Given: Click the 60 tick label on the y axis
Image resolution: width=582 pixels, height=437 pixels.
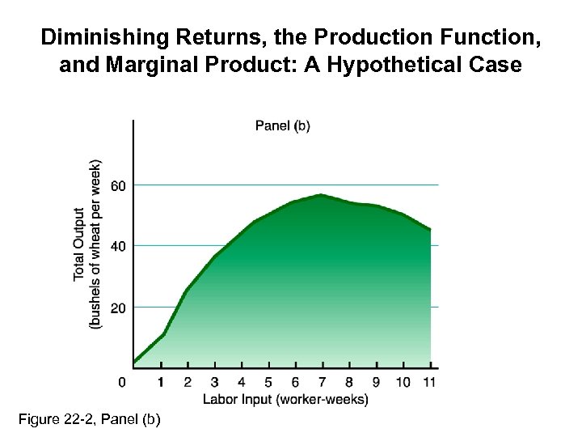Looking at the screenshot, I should point(118,185).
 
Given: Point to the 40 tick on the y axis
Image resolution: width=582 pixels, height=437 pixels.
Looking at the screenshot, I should point(118,245).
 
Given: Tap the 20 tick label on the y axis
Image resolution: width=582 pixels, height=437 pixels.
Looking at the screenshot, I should point(118,308).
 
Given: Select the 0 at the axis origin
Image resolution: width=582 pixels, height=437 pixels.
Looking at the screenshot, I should point(122,381).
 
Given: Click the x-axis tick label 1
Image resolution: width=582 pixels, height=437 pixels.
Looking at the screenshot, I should point(161,381).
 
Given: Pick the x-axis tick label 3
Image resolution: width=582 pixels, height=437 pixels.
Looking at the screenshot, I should point(214,381).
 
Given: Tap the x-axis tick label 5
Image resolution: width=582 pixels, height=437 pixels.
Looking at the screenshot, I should point(268,381).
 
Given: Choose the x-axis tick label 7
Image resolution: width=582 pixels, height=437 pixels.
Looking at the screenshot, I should point(322,381).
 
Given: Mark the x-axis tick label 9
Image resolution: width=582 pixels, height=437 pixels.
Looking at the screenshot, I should point(375,381).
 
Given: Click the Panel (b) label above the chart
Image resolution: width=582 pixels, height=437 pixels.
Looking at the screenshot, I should point(282,125).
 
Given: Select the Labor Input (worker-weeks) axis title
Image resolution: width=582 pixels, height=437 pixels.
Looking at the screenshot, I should point(285,399).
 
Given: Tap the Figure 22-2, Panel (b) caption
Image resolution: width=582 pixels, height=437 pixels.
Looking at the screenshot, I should point(89,419).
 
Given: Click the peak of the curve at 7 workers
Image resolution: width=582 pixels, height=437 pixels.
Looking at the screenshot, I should point(321,195).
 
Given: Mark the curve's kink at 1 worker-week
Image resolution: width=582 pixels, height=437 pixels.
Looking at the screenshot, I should point(163,334).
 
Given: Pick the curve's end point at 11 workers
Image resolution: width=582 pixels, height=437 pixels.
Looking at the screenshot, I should point(429,231).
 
